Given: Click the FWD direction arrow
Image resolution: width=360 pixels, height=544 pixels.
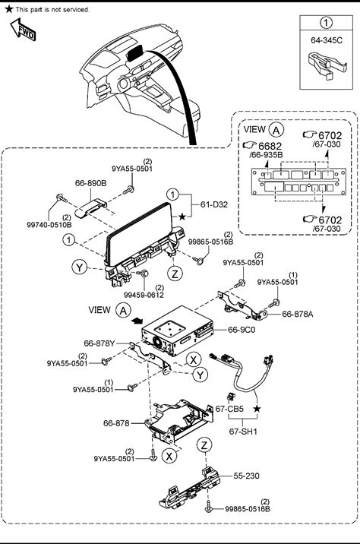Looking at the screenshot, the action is [23, 30].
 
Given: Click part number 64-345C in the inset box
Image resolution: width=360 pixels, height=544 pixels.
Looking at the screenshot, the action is [327, 40].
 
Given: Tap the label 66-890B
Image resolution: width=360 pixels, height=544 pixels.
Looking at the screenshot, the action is [91, 183].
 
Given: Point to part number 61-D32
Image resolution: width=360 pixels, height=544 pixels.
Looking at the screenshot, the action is [214, 204].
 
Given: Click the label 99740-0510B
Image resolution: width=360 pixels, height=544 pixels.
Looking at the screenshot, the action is [49, 225].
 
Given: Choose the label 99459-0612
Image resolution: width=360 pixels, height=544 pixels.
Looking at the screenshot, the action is [144, 296].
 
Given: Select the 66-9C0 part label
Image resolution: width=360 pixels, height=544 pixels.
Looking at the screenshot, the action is [242, 330].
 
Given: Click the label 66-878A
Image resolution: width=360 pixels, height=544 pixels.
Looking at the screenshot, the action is [298, 315].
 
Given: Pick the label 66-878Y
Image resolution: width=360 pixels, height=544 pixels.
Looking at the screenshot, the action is [99, 343].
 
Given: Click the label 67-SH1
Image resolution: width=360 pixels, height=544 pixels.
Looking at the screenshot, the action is [243, 432].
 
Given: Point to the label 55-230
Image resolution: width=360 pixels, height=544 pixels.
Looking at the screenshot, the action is [246, 476].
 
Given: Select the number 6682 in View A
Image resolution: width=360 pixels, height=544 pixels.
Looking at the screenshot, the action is [270, 146].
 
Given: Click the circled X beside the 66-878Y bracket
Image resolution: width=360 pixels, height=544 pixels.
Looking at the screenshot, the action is [193, 360].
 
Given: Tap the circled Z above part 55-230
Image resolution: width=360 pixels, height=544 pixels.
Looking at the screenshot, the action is [204, 445].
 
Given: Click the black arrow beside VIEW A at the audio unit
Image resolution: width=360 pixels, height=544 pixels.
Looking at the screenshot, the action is [137, 321].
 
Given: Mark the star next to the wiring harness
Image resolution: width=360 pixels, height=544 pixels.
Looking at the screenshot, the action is [257, 409].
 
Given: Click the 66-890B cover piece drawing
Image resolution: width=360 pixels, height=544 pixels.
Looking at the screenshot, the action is [91, 208].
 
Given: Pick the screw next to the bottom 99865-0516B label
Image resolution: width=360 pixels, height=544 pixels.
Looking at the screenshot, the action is [208, 507].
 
